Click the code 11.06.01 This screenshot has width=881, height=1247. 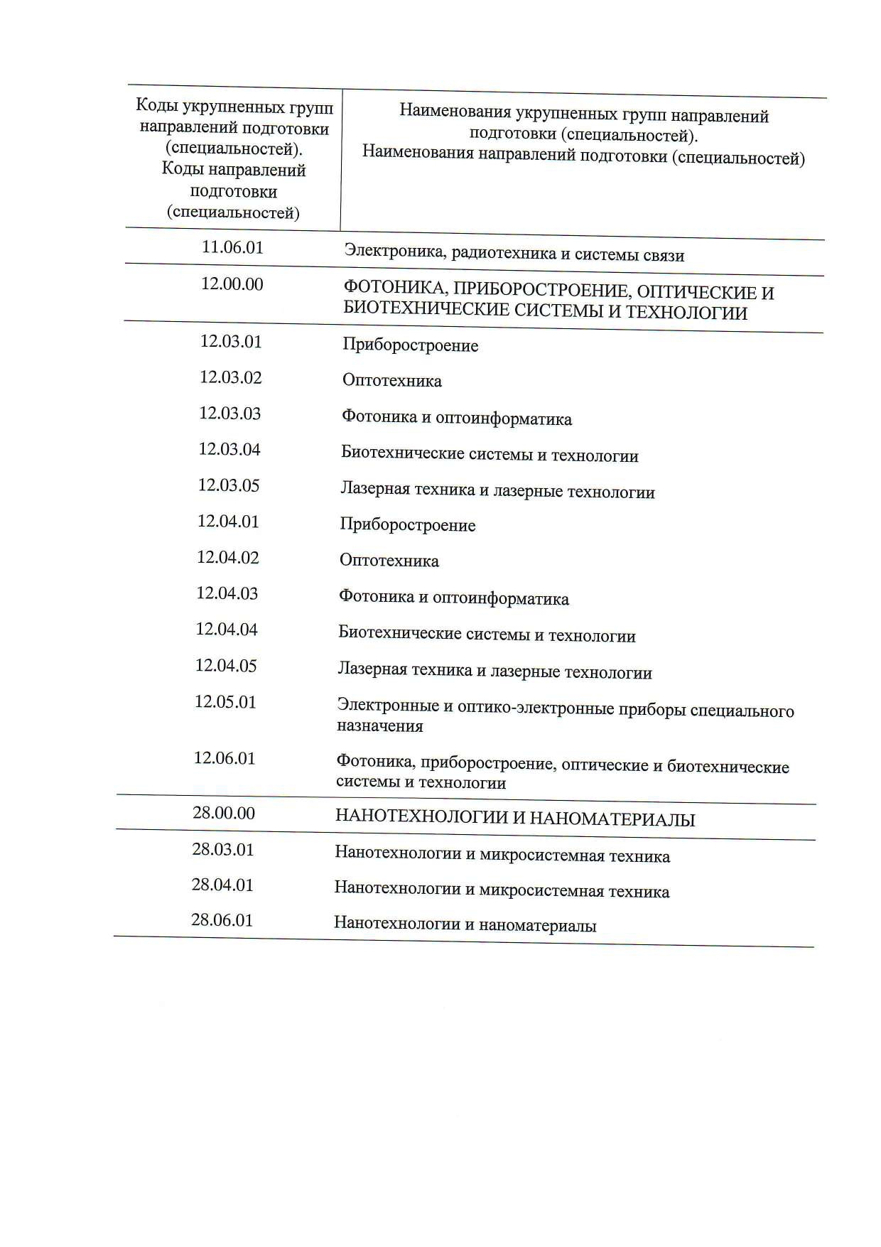coord(232,247)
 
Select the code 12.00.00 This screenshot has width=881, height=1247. coord(232,284)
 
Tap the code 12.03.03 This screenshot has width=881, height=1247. coord(229,414)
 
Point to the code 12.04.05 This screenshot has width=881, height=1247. coord(226,666)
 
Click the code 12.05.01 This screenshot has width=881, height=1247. coord(225,702)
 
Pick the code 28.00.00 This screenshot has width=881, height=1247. coord(224,813)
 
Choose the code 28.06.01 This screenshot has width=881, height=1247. coord(222,920)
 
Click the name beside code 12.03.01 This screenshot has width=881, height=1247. coord(410,346)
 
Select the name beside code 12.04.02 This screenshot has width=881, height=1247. coord(389,561)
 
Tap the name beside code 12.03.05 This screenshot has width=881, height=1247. coord(497,491)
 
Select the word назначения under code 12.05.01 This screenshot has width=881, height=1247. coord(379,726)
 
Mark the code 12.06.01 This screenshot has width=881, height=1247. coord(225,758)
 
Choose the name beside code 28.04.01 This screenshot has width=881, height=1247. coord(502,890)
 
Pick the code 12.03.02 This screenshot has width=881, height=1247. coord(230,377)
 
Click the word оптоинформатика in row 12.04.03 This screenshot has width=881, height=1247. coord(500,599)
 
